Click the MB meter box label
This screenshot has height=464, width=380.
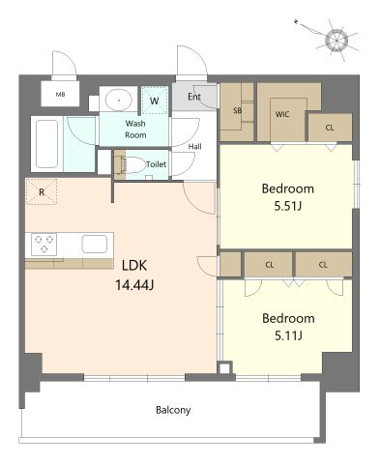tap(60, 94)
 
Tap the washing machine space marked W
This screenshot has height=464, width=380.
tap(155, 101)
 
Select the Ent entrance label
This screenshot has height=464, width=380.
tap(194, 97)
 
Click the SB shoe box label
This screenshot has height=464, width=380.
tap(237, 110)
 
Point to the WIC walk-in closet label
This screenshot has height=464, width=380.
tap(282, 114)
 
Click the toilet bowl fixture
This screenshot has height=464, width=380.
tap(132, 165)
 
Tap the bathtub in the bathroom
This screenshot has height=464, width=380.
tap(47, 144)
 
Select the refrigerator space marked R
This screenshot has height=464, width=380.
tap(42, 191)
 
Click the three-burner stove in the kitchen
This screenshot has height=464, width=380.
tap(44, 245)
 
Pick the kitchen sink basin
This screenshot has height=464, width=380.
tap(95, 244)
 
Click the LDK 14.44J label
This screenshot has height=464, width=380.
tap(134, 275)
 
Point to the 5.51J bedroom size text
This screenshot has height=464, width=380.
tap(287, 206)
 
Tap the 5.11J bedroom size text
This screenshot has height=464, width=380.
tap(288, 336)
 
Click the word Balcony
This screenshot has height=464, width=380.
tap(173, 410)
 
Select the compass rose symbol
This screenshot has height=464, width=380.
tap(336, 41)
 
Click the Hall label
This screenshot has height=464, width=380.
tap(195, 147)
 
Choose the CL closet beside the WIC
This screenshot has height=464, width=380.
tap(330, 128)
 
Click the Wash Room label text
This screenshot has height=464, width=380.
tap(135, 129)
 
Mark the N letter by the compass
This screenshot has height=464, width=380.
tap(296, 21)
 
